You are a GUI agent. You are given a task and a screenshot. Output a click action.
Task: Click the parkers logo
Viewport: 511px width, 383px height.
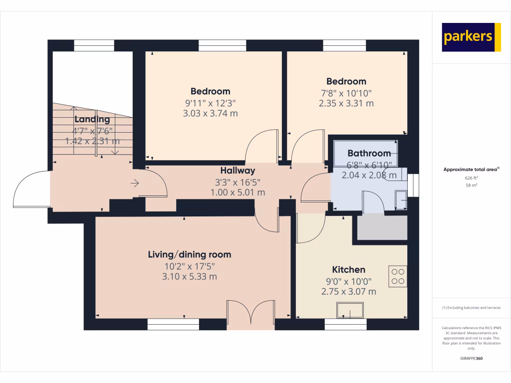click(471, 37)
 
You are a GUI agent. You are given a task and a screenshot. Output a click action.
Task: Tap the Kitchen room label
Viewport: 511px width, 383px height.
click(349, 270)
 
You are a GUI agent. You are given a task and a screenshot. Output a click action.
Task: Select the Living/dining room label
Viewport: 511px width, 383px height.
click(190, 254)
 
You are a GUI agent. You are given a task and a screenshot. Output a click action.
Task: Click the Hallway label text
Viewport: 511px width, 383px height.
click(238, 171)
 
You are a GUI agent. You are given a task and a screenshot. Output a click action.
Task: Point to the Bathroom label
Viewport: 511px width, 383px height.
click(369, 153)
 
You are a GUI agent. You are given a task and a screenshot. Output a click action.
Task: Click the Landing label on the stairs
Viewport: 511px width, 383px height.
click(92, 119)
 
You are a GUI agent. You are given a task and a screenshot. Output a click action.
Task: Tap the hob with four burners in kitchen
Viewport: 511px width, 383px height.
click(398, 276)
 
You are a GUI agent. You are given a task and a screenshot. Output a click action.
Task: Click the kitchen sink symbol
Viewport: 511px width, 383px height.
click(350, 310)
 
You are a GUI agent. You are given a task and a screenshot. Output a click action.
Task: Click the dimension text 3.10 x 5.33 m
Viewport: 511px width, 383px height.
click(190, 277)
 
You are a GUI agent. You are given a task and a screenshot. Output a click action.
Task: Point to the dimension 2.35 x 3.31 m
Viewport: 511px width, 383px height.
click(346, 104)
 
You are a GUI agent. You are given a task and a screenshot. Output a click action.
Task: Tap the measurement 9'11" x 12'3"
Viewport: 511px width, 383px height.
click(210, 103)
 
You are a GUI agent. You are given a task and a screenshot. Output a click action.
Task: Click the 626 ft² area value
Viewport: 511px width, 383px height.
click(472, 178)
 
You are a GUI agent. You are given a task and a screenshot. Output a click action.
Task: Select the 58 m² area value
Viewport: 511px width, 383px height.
click(472, 185)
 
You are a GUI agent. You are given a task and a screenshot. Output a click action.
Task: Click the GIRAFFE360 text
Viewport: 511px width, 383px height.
click(472, 359)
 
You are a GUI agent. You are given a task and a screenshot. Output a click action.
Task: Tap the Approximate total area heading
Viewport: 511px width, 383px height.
click(471, 170)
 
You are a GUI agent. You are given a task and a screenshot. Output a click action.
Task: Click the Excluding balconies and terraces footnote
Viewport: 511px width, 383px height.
click(472, 308)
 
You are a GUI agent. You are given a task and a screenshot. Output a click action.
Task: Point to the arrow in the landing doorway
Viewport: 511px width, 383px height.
click(135, 184)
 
